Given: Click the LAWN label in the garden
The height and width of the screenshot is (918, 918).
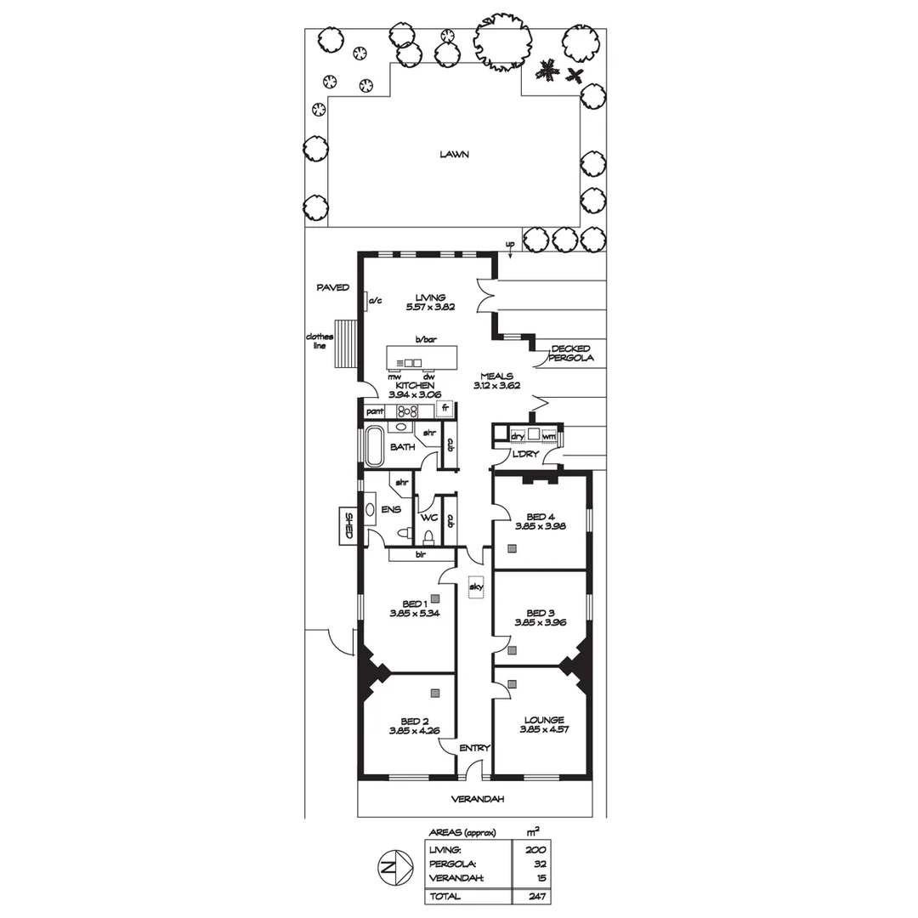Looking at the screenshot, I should coord(455,155).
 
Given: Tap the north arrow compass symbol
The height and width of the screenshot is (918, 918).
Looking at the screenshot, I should coord(388,868).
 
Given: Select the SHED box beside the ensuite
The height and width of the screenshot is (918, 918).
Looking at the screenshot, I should coord(348,526).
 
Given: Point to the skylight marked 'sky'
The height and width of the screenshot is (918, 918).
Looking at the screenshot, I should coord(475,587).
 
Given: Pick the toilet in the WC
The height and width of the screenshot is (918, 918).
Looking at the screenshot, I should coord(428,536).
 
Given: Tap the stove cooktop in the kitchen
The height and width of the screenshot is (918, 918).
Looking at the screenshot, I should coord(406,411).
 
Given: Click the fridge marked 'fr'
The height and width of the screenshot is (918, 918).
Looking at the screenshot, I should coord(445,409).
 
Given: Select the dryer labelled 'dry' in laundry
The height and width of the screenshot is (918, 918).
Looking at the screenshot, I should coord(516,436).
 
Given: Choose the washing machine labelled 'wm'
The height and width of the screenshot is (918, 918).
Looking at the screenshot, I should coord(548,437).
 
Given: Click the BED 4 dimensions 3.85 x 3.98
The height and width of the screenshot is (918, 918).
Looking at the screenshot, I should coord(540,526).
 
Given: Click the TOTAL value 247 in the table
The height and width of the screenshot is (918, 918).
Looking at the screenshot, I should coord(535,896).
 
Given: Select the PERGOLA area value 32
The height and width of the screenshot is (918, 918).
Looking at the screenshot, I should coord(535,864).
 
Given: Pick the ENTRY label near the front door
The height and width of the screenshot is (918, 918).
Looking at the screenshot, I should coord(474,748).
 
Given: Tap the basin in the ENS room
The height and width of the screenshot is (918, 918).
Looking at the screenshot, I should coord(371,511).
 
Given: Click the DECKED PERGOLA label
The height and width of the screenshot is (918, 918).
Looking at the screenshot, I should coord(571,354).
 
